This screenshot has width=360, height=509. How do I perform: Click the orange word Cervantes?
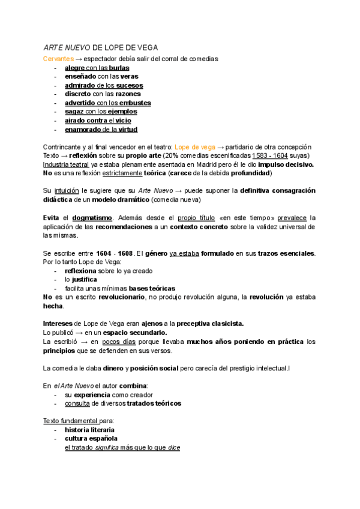click(x=58, y=59)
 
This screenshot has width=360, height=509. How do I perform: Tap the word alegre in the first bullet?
click(x=75, y=68)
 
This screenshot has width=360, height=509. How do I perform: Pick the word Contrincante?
click(x=65, y=147)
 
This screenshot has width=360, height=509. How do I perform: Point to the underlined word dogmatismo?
click(x=93, y=217)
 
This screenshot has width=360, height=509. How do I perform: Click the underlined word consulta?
click(x=77, y=404)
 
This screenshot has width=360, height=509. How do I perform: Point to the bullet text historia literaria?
click(x=89, y=430)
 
